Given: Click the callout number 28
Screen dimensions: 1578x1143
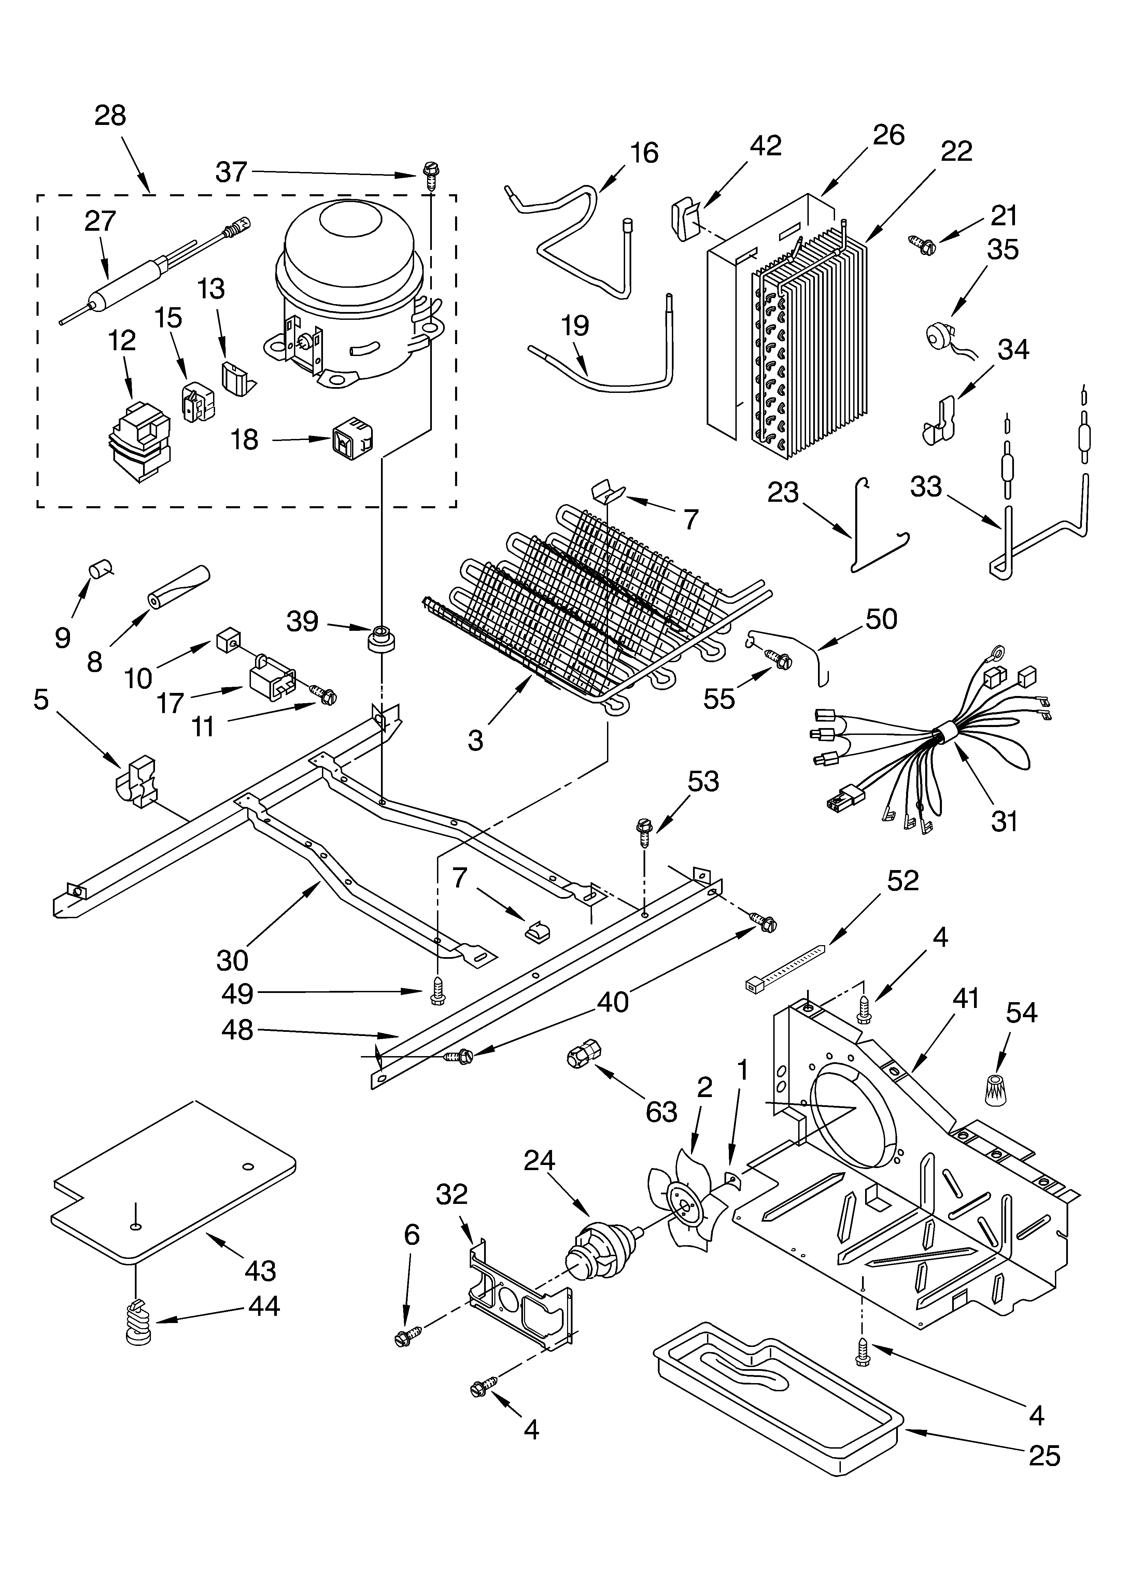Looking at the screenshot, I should [110, 115].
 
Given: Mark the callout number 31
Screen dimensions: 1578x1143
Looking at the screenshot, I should [1004, 821].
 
